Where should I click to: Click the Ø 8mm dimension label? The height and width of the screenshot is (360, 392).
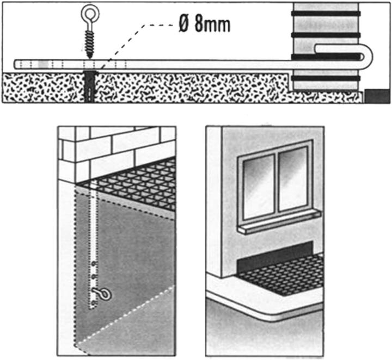click(204, 24)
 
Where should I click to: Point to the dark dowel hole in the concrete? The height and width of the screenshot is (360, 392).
click(89, 86)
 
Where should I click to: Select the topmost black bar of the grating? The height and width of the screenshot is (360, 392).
click(326, 14)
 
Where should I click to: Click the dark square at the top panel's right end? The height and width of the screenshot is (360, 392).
click(377, 96)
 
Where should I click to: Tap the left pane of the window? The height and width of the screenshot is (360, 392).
click(258, 186)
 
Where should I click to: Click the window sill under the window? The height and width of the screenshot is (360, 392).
click(279, 222)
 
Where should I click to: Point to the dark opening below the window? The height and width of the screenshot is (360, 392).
click(274, 257)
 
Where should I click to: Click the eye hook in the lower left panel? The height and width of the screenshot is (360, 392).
click(102, 294)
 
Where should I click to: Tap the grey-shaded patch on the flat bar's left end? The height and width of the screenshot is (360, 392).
click(44, 64)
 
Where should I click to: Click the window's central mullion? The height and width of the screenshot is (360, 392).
click(277, 183)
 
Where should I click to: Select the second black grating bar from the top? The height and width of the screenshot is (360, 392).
click(326, 35)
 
